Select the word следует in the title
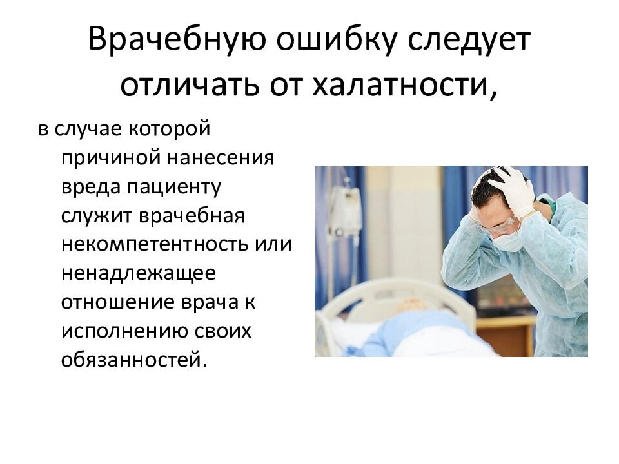(x=469, y=39)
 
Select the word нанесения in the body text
(x=221, y=158)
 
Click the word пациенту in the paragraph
(x=173, y=188)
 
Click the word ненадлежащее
(x=139, y=273)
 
